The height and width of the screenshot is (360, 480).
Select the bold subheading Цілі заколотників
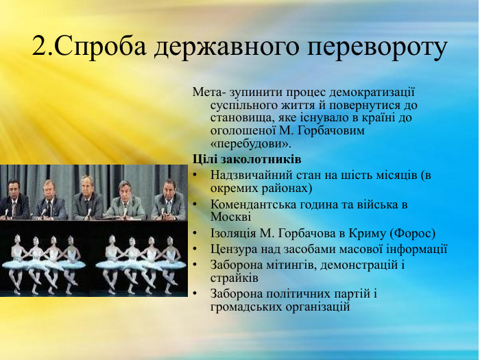coord(237,160)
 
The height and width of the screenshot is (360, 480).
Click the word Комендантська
coord(253,204)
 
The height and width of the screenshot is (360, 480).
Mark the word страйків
coord(234,278)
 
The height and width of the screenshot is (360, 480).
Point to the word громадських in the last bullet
coord(244,307)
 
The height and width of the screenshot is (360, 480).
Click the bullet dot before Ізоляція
coord(196,233)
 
